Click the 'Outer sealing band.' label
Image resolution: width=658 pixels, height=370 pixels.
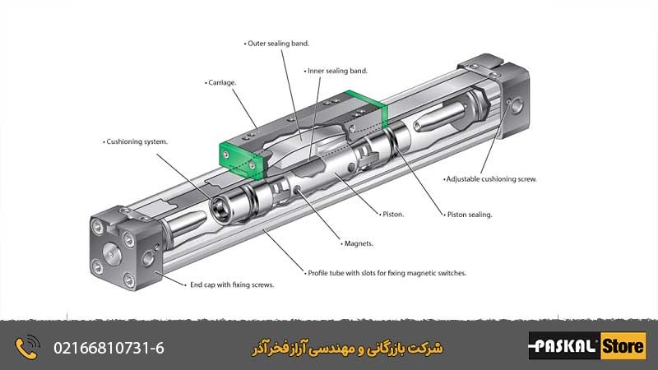pyautogui.click(x=280, y=43)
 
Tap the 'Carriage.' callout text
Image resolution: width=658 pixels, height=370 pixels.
pyautogui.click(x=222, y=83)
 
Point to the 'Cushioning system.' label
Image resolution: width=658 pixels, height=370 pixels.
pyautogui.click(x=138, y=141)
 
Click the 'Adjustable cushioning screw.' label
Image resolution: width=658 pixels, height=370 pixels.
pyautogui.click(x=491, y=178)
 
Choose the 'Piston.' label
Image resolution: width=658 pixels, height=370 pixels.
pyautogui.click(x=393, y=214)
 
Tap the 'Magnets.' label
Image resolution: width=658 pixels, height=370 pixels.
pyautogui.click(x=359, y=243)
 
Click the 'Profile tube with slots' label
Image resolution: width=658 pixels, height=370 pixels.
pyautogui.click(x=387, y=272)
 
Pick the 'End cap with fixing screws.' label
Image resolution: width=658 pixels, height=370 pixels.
pyautogui.click(x=232, y=284)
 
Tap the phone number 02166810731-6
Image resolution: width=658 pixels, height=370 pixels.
pyautogui.click(x=109, y=347)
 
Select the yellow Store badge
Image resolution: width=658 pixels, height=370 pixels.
pyautogui.click(x=623, y=346)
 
